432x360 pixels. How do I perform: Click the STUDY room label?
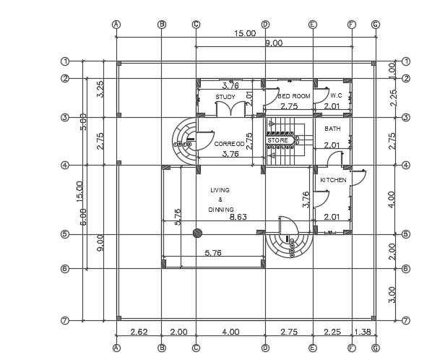click(x=225, y=96)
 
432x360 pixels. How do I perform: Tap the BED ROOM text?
click(x=294, y=96)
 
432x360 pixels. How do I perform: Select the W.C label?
click(x=336, y=95)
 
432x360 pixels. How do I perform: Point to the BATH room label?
click(x=332, y=129)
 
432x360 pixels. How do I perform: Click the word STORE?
click(x=277, y=140)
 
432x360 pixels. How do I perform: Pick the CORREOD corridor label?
click(x=230, y=144)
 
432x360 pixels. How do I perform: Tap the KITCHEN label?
click(x=333, y=179)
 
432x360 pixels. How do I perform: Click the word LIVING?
click(x=220, y=190)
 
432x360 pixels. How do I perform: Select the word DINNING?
click(x=221, y=209)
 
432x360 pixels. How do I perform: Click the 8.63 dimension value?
click(x=238, y=217)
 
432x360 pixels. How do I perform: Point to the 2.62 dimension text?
click(x=139, y=332)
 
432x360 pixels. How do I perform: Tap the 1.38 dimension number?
click(x=363, y=332)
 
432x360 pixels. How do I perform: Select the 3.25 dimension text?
click(x=100, y=89)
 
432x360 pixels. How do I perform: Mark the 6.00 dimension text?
click(x=84, y=216)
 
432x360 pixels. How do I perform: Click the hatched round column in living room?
click(x=197, y=233)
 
